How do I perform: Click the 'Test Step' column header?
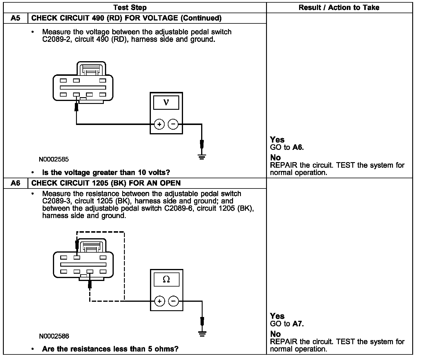[x=130, y=8]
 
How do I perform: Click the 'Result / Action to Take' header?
[x=339, y=8]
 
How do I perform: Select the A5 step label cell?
[x=15, y=18]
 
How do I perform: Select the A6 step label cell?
[x=15, y=183]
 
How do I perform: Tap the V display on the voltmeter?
[x=166, y=102]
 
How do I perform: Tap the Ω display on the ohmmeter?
[x=166, y=279]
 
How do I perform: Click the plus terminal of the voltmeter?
[x=159, y=124]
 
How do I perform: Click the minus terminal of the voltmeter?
[x=173, y=124]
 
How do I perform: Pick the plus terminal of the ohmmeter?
[x=159, y=301]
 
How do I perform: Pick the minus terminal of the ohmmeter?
[x=173, y=301]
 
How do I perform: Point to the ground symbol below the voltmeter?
[x=202, y=157]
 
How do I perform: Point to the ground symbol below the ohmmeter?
[x=202, y=333]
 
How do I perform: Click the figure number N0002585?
[x=54, y=160]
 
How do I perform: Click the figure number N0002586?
[x=54, y=336]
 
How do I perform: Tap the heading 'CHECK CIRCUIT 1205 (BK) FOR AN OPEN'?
[x=106, y=183]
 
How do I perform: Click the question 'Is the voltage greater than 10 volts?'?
[x=106, y=172]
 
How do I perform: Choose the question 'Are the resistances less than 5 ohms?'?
[x=110, y=349]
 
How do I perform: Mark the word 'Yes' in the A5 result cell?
[x=277, y=140]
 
